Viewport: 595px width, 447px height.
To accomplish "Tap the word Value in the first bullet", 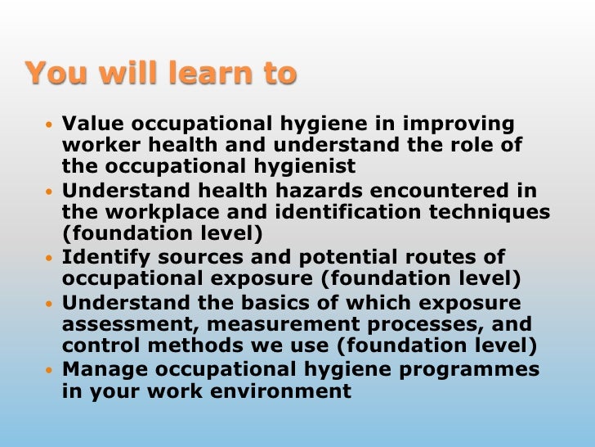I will (x=92, y=124).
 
